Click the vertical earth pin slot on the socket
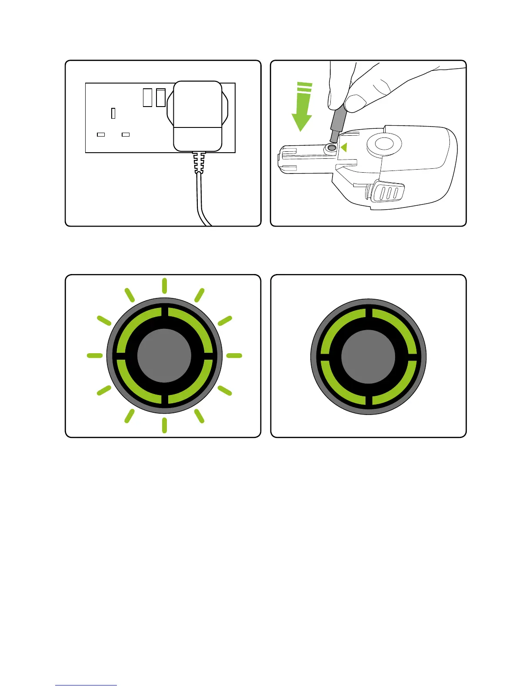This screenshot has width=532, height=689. pos(113,113)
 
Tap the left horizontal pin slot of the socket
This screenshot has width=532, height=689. pos(101,134)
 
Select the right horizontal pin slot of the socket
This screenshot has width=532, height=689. pos(126,134)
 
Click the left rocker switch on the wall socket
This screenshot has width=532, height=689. pos(148,97)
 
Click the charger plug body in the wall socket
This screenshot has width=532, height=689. pos(198,116)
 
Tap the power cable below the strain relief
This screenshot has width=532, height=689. pos(201,200)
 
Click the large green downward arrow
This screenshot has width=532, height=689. pos(302,109)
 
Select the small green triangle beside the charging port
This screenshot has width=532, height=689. pos(344,148)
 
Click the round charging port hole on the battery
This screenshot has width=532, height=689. pos(332,147)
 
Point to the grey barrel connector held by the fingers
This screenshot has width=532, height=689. pos(336,124)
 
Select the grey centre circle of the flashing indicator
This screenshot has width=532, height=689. pos(164,356)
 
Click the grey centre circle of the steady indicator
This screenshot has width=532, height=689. pos(369,357)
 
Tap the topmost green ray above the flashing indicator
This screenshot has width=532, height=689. pos(164,285)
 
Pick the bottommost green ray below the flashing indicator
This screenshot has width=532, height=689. pos(164,425)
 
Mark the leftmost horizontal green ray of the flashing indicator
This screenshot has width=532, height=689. pos(95,356)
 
